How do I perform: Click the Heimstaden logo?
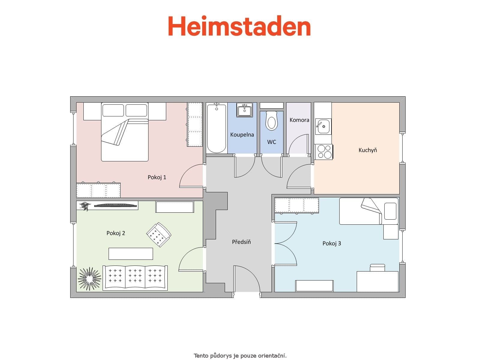239,26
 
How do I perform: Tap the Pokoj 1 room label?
157,177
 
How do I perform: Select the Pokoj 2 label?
115,233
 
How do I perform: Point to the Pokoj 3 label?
331,243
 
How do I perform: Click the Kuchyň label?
367,150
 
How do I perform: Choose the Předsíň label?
241,242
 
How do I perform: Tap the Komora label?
299,120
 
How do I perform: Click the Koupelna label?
242,135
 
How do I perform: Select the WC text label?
271,142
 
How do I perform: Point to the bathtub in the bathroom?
216,128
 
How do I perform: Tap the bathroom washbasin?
244,110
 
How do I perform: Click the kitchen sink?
323,126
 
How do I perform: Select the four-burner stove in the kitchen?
324,151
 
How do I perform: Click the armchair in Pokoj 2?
159,235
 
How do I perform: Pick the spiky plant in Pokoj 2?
89,279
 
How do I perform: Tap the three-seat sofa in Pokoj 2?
135,278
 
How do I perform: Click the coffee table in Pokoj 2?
130,253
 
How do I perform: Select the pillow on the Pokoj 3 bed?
390,211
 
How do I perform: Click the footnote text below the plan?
240,356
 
